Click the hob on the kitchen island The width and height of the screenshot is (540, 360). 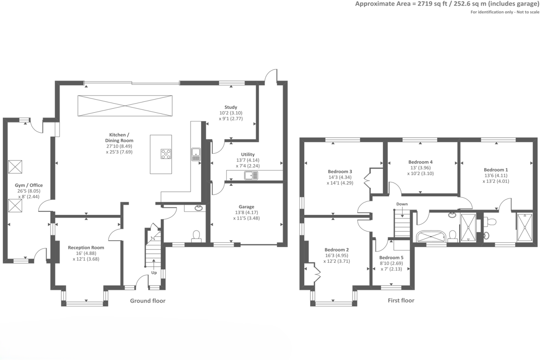coord(166,154)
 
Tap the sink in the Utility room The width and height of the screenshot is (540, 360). coord(251,175)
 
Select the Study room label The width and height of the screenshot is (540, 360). coord(231,107)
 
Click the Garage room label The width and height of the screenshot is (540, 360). coord(246,207)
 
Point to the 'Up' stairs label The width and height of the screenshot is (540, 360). coord(154,273)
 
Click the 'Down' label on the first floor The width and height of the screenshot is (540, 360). coord(402,204)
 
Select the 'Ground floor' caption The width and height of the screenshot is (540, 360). coord(148,301)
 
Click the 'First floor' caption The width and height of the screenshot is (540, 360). coord(401,300)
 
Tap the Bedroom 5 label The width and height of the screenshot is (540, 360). coord(391,257)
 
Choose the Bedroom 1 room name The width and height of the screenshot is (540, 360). coord(496,170)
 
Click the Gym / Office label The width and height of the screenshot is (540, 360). coord(29,185)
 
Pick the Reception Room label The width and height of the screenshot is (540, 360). coord(86,247)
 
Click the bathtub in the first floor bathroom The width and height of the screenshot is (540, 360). coord(431,237)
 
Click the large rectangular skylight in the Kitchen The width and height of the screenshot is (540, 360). coord(125,105)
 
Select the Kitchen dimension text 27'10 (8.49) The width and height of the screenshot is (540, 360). coord(119,146)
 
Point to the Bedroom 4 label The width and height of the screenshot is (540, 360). coord(420,162)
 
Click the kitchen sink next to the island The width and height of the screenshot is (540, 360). coord(196,154)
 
